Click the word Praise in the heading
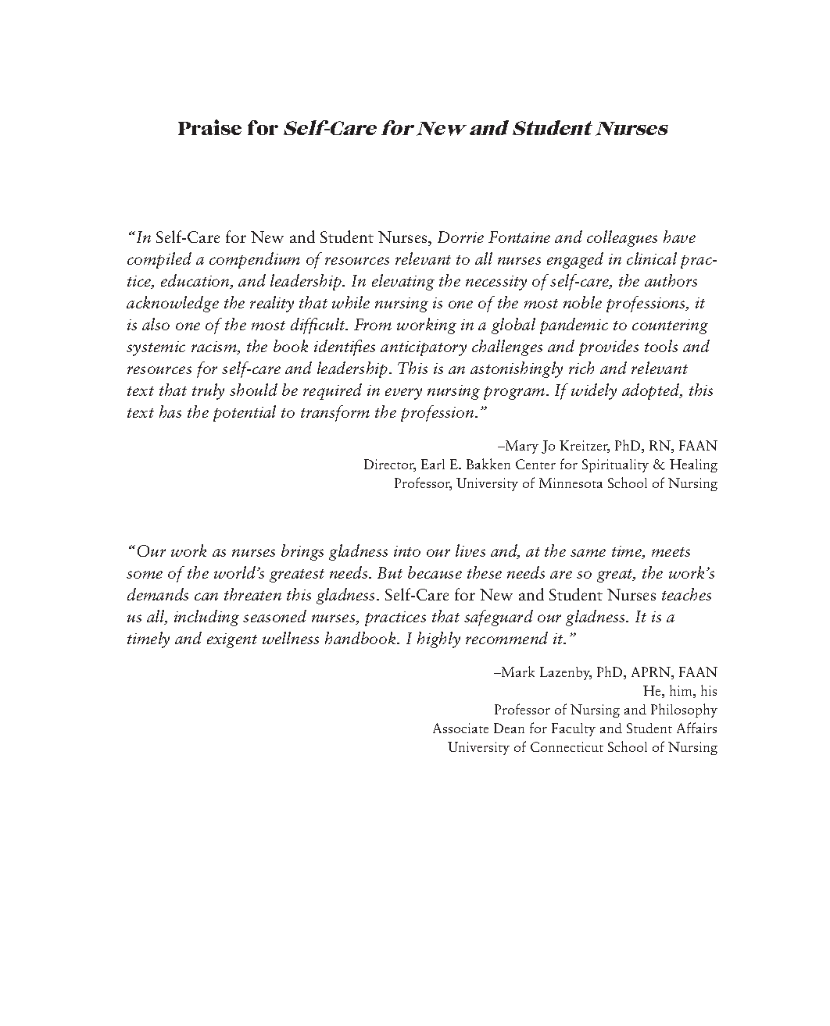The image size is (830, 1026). point(206,129)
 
